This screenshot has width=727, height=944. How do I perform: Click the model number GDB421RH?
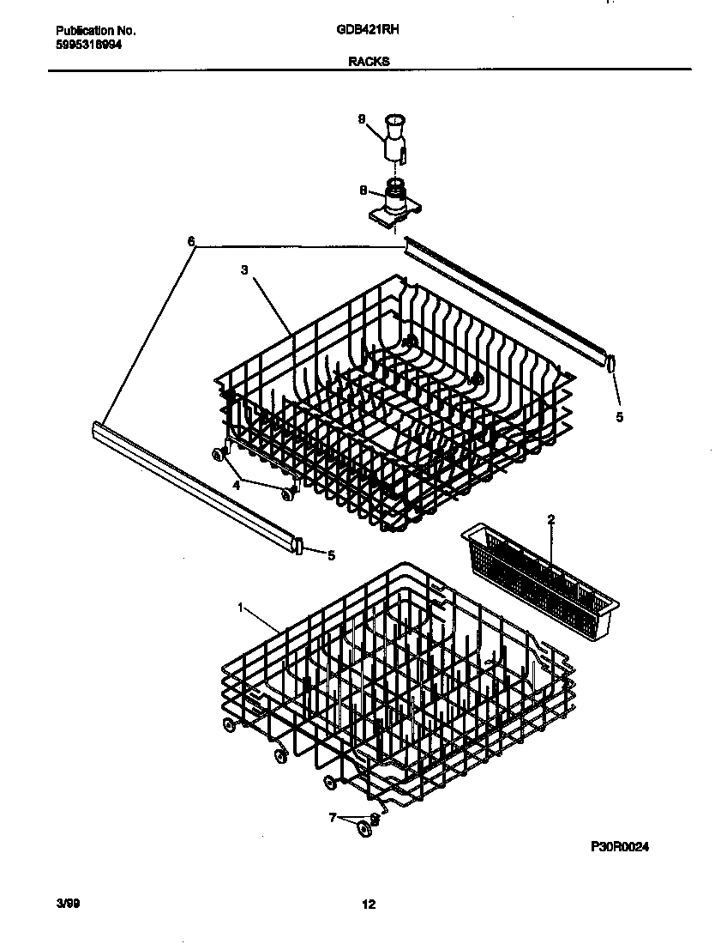[x=370, y=29]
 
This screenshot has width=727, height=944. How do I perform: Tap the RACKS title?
[x=369, y=61]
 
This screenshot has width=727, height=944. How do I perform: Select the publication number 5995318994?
[x=82, y=44]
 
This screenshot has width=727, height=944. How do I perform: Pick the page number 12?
[x=369, y=904]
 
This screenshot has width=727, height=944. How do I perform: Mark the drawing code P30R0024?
[x=620, y=846]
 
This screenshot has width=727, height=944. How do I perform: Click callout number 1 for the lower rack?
[x=242, y=608]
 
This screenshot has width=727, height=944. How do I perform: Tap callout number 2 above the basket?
[x=551, y=518]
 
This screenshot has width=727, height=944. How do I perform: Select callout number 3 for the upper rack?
[x=244, y=269]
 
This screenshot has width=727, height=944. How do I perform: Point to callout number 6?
[x=190, y=242]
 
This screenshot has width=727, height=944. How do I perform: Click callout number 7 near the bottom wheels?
[x=332, y=818]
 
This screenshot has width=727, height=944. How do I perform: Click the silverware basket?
[x=537, y=570]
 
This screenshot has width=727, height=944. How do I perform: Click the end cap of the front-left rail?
[x=298, y=546]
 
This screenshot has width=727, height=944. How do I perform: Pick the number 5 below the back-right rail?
[x=619, y=418]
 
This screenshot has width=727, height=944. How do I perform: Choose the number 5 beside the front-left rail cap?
[x=331, y=555]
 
